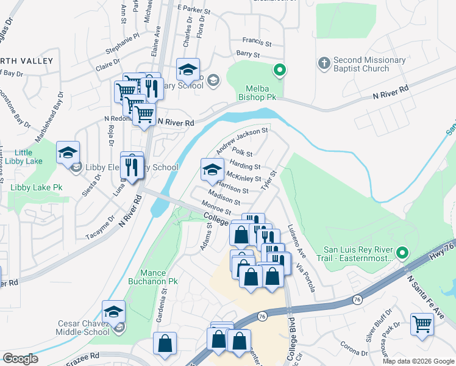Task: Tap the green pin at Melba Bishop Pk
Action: pos(280,71)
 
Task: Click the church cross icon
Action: pos(324,62)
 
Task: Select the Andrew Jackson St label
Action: pos(242,140)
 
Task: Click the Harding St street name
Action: pos(245,165)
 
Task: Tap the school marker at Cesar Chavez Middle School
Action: pos(113,312)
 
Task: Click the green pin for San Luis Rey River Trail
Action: pos(402,252)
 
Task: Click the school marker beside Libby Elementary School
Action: pos(68,154)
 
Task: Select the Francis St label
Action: pos(257,43)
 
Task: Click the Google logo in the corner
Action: pos(21,359)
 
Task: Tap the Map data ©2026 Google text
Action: pos(418,361)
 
